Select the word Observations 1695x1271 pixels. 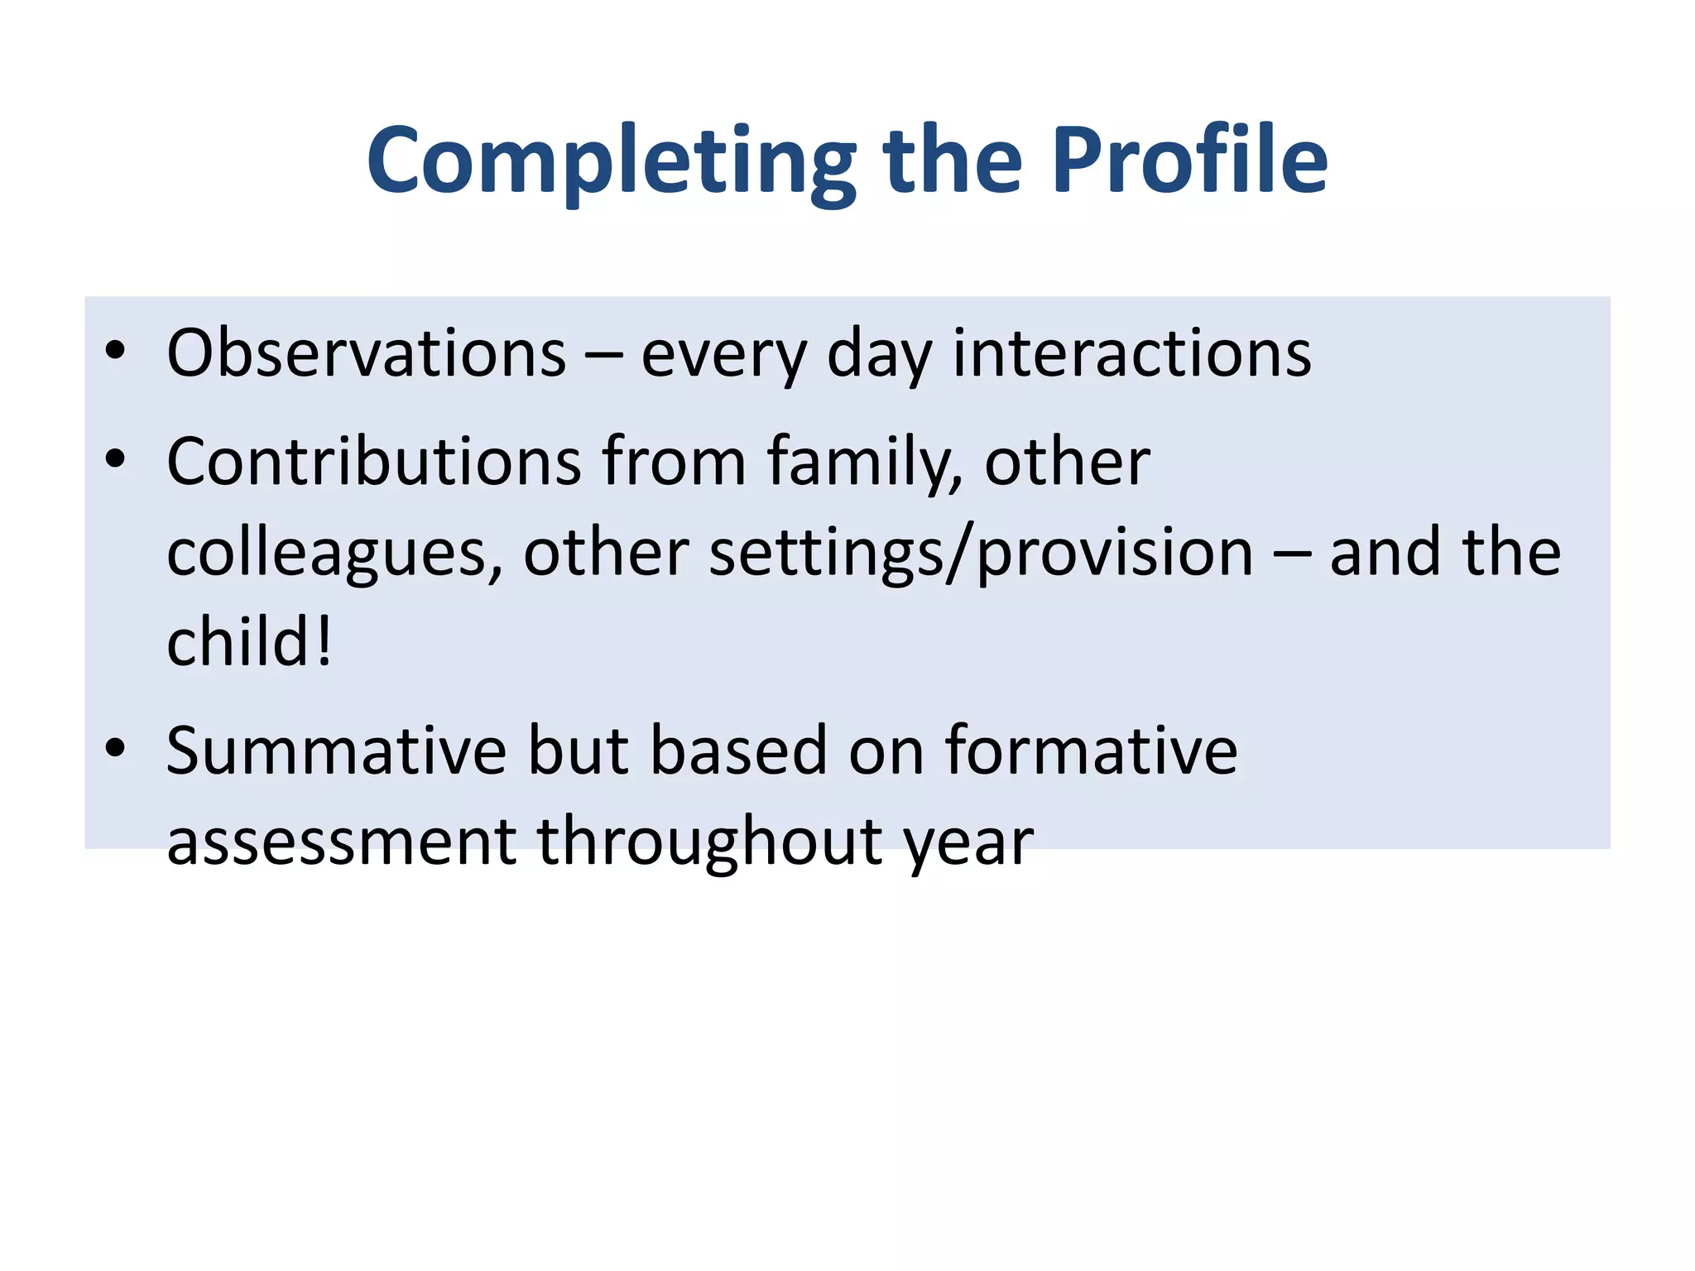pyautogui.click(x=366, y=353)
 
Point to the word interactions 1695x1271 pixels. pyautogui.click(x=1131, y=353)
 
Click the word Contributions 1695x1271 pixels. pyautogui.click(x=374, y=461)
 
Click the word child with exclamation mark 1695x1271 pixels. pyautogui.click(x=248, y=642)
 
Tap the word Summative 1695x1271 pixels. pyautogui.click(x=336, y=751)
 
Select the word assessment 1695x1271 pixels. pyautogui.click(x=341, y=842)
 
